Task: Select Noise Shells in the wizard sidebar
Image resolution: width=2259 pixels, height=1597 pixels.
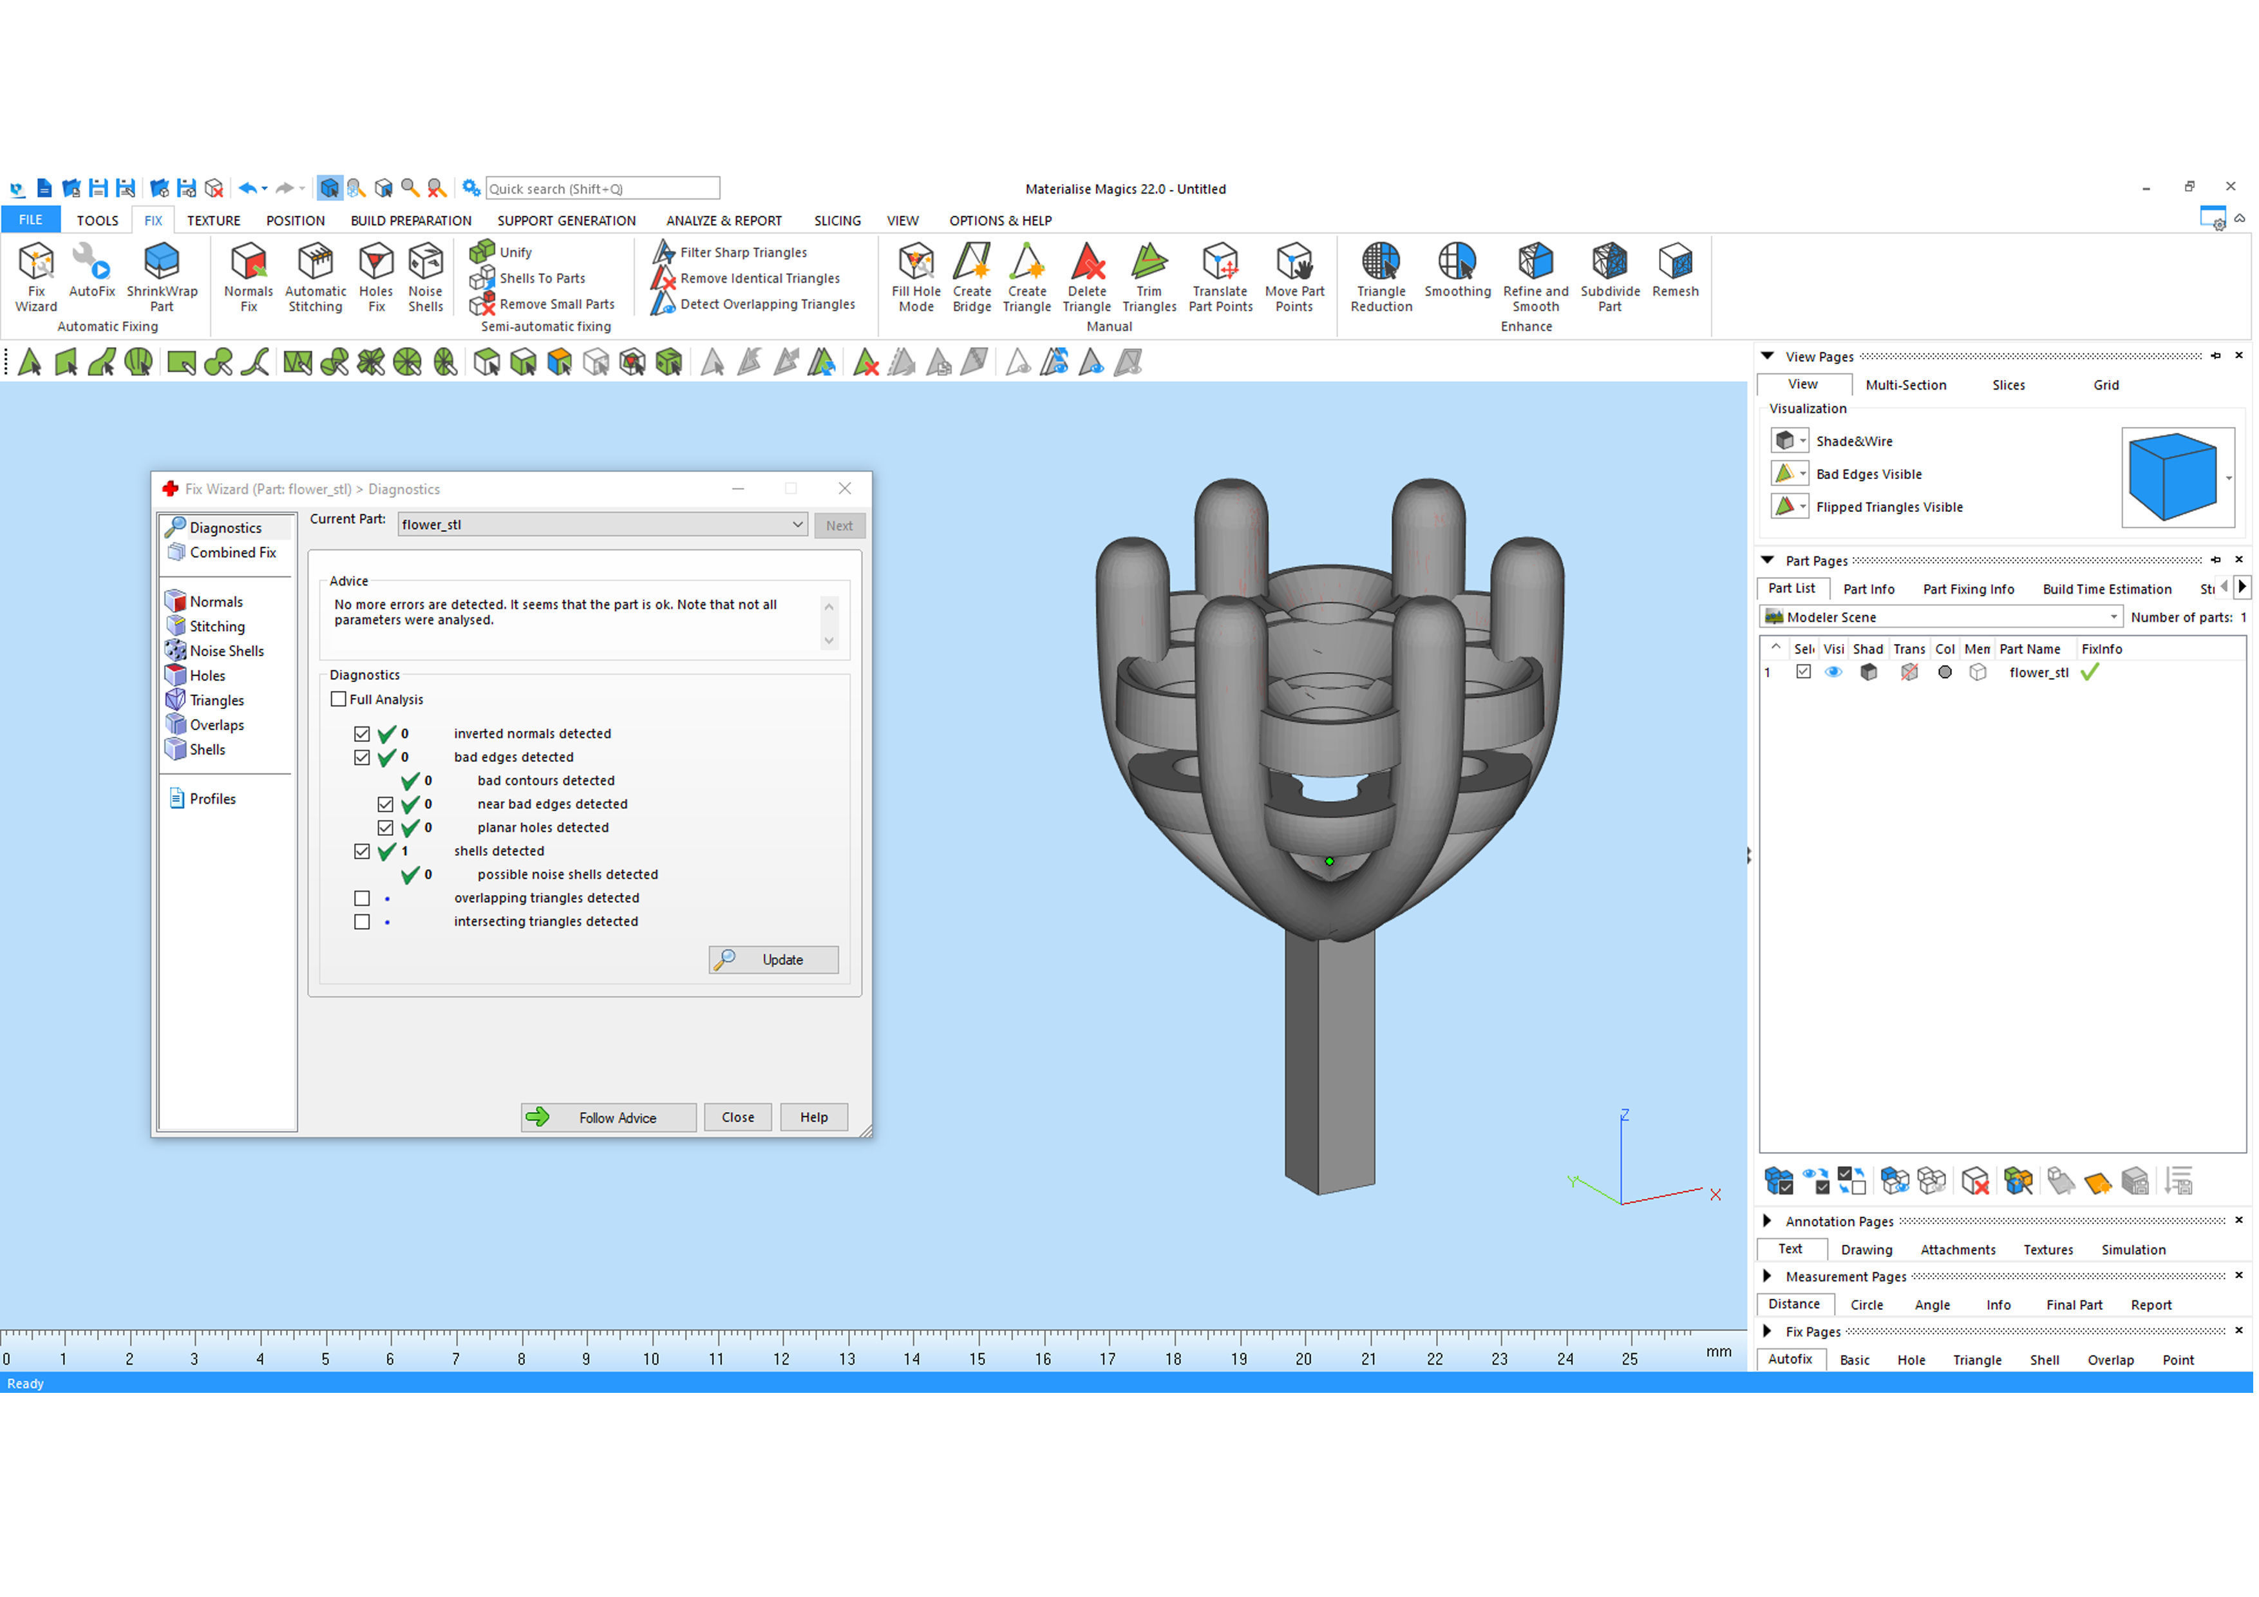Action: tap(226, 652)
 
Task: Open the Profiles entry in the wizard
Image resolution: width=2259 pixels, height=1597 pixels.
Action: tap(213, 800)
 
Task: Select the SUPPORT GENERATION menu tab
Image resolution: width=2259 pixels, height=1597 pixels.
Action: tap(567, 220)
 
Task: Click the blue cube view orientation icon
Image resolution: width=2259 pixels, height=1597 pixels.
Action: tap(2175, 477)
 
